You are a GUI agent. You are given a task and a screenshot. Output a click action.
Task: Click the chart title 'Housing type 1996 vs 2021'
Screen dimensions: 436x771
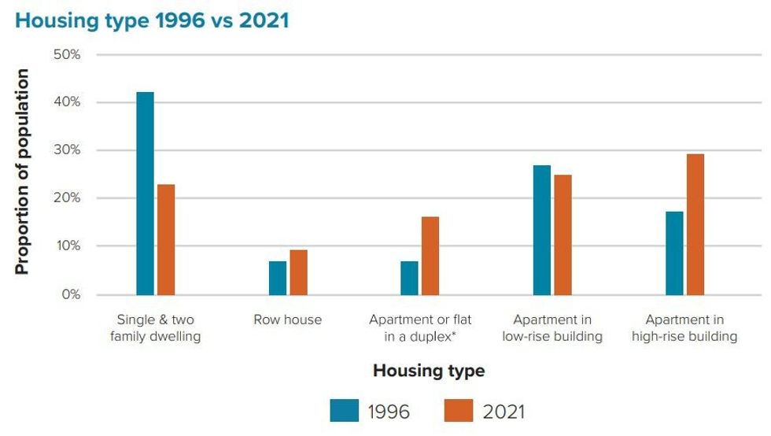[x=152, y=20]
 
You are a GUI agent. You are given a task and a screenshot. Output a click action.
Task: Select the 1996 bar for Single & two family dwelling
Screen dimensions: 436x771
[x=145, y=194]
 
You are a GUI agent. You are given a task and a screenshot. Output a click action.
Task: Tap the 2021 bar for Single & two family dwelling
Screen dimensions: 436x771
[x=166, y=239]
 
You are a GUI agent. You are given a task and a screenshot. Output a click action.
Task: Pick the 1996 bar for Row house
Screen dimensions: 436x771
[x=278, y=278]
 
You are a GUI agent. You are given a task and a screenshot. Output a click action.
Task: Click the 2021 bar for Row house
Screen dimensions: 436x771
[x=298, y=272]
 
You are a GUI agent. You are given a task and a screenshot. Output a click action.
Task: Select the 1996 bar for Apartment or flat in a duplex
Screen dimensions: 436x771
[x=409, y=278]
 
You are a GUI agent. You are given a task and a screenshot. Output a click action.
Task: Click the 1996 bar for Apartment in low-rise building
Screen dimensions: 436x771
[x=541, y=230]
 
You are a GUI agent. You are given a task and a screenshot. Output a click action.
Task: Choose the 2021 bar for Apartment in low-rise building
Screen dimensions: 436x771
[x=563, y=235]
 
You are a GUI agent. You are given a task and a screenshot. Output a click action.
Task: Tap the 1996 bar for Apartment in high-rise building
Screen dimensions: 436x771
[x=674, y=253]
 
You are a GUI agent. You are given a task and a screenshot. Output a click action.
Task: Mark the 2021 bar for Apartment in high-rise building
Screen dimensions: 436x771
[x=695, y=224]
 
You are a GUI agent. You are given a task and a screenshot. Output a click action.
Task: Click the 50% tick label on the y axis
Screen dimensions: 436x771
[x=67, y=54]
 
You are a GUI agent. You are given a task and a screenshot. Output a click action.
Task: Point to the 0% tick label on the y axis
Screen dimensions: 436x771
[x=70, y=294]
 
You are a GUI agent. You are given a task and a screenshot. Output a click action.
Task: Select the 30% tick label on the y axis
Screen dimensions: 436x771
[x=67, y=150]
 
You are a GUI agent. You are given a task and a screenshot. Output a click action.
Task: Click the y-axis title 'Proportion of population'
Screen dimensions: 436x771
[x=22, y=172]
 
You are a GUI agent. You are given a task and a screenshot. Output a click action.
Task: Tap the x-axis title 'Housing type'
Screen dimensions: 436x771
[x=429, y=370]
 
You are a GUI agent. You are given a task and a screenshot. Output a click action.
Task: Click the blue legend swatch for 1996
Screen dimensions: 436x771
[x=345, y=411]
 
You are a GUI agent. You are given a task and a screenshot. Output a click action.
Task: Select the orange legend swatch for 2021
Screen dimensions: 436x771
[x=459, y=411]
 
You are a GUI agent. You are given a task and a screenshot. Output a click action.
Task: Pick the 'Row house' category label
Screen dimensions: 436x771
[x=287, y=320]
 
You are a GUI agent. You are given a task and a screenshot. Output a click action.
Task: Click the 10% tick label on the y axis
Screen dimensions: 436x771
[x=67, y=246]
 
